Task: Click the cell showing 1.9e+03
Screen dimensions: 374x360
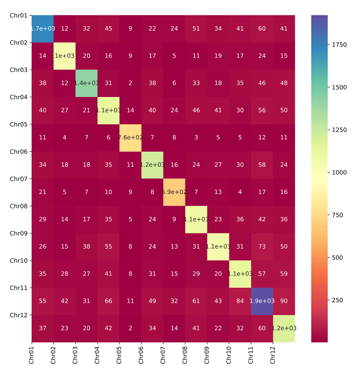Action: point(262,301)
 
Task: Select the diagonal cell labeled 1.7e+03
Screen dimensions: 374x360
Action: point(43,28)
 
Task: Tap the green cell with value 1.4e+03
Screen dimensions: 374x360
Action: point(87,83)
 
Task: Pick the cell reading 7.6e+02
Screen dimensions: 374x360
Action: point(131,138)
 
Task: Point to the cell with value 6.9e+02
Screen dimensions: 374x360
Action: point(174,192)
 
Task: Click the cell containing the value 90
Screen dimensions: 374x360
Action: point(284,301)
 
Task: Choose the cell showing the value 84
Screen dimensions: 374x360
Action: point(240,301)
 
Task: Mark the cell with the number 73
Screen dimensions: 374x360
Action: point(262,246)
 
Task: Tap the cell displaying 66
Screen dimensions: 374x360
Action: point(109,301)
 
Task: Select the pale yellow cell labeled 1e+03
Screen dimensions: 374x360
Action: point(65,56)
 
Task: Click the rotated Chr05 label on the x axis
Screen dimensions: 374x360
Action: point(119,355)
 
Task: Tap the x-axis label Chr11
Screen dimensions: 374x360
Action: point(251,355)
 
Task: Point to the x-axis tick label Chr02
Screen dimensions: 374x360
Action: point(54,355)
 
